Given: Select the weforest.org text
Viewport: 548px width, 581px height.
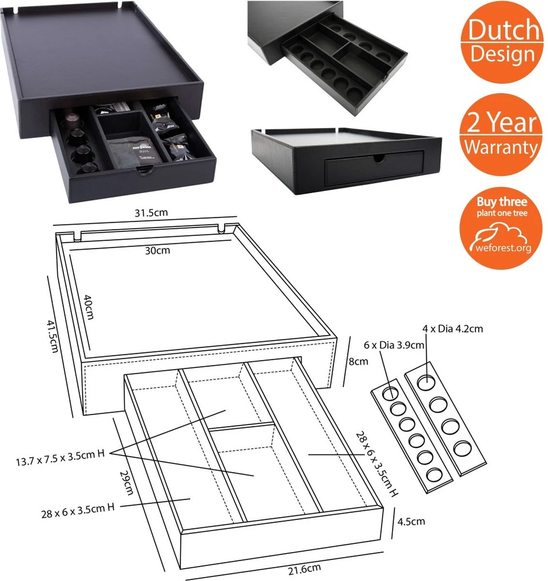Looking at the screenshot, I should (501, 248).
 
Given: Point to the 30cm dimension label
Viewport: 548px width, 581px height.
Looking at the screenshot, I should (157, 250).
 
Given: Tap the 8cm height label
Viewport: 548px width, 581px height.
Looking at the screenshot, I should (358, 361).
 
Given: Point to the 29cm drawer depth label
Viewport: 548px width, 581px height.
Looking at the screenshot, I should (125, 482).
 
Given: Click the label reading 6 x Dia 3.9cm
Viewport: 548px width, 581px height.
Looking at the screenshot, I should (394, 345).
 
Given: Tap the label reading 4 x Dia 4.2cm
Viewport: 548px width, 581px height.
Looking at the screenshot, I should (453, 329).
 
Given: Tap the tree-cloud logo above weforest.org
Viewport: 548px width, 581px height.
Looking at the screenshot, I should (500, 231).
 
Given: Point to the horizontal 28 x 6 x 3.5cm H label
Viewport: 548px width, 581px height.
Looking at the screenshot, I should (77, 510).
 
